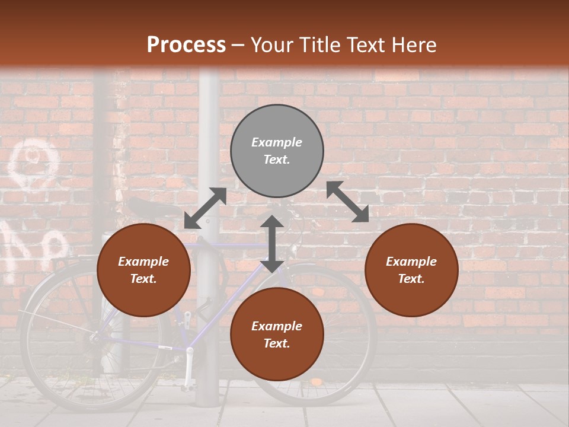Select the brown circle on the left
click(143, 270)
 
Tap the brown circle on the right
click(411, 270)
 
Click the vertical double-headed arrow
click(271, 244)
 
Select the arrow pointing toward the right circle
click(347, 202)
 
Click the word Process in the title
click(186, 44)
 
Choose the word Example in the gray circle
click(277, 142)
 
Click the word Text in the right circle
click(411, 279)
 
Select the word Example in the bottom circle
click(277, 326)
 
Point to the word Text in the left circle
click(143, 279)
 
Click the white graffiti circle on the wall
click(33, 157)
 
